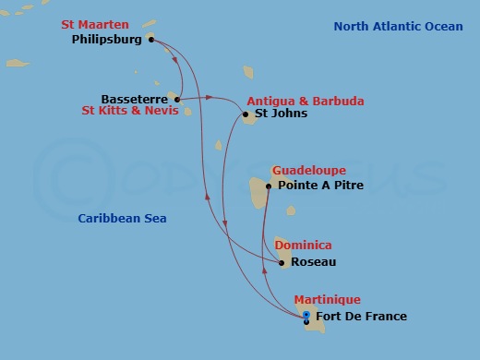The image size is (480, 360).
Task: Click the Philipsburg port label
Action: [105, 41]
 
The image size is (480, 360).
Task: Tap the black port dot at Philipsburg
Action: [150, 40]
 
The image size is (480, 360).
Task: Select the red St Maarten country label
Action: [96, 24]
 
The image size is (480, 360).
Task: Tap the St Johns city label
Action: [281, 114]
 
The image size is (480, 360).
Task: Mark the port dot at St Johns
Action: [245, 114]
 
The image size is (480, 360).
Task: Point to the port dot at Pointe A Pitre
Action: [268, 186]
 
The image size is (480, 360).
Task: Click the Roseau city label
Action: [313, 262]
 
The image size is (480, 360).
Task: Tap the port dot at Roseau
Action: [282, 262]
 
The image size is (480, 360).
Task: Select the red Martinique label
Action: [327, 300]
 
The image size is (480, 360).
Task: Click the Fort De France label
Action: [361, 317]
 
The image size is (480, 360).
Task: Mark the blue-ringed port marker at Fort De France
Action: [306, 316]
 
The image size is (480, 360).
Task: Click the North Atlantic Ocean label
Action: [399, 27]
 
